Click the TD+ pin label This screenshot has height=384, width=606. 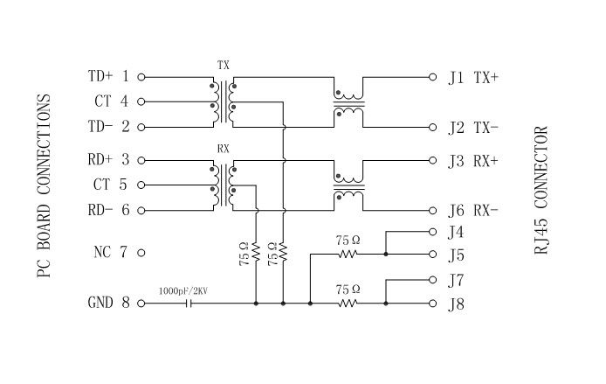click(101, 76)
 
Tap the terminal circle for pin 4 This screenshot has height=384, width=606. click(141, 101)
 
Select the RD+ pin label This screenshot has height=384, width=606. click(101, 160)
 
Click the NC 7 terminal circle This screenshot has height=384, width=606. click(141, 253)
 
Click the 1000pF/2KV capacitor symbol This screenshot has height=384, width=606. click(185, 304)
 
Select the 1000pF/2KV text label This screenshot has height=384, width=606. click(184, 290)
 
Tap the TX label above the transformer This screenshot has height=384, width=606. click(223, 66)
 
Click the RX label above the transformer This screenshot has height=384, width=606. click(223, 150)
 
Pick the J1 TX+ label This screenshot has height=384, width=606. click(472, 77)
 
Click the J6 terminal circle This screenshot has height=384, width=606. click(432, 211)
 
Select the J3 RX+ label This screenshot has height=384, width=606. click(472, 161)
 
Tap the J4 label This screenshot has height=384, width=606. click(455, 233)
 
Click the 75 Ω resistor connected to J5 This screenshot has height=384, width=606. click(348, 254)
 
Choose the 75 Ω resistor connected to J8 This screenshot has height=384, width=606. click(348, 304)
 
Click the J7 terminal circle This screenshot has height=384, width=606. click(432, 281)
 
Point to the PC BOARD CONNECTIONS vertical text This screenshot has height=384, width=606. click(46, 186)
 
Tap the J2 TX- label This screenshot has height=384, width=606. click(472, 128)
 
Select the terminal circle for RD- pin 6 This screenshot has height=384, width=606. click(141, 211)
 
